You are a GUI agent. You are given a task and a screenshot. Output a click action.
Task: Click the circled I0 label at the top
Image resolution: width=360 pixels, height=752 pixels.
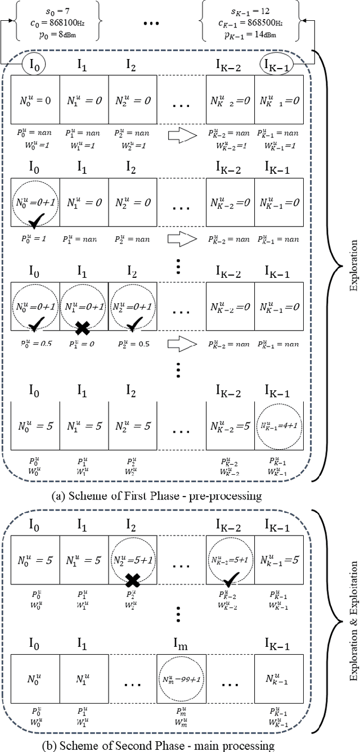(35, 66)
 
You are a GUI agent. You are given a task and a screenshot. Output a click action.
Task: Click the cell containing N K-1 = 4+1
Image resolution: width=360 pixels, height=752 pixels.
(279, 426)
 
